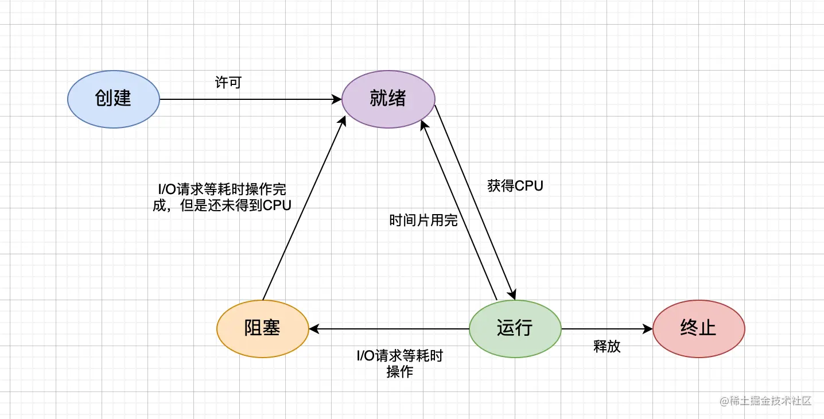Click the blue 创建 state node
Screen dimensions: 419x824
(x=113, y=99)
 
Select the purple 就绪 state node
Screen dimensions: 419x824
(x=388, y=99)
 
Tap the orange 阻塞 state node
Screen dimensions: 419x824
(x=262, y=328)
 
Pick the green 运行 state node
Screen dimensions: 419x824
(x=515, y=328)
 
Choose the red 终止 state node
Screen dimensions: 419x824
(x=698, y=328)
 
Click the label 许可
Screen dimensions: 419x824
(x=228, y=83)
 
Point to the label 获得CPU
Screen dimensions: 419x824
(x=515, y=186)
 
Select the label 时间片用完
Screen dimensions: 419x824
(x=423, y=220)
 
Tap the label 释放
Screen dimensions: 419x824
(x=607, y=347)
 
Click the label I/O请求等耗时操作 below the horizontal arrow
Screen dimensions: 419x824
(x=400, y=363)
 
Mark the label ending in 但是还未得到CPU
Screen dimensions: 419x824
(x=222, y=197)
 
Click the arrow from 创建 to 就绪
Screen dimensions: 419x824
(x=247, y=99)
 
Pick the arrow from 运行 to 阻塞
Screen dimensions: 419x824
(x=390, y=329)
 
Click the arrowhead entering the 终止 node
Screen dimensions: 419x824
(x=648, y=329)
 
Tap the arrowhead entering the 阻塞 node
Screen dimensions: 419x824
(x=313, y=329)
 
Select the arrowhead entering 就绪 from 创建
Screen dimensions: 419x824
(x=338, y=99)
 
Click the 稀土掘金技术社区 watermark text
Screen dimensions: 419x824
(x=765, y=401)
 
